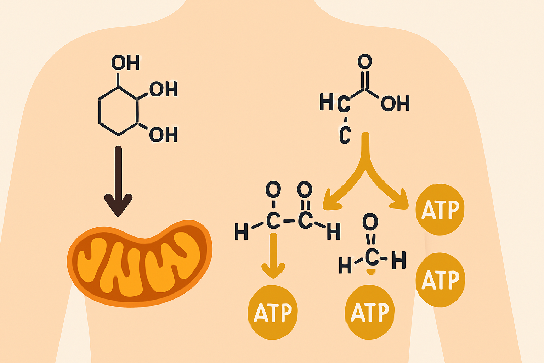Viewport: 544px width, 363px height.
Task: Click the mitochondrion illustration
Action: click(140, 264)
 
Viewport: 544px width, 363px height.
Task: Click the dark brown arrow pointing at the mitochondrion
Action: click(118, 181)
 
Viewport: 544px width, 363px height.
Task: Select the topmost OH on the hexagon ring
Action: click(125, 63)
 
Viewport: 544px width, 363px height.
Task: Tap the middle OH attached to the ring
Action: click(163, 89)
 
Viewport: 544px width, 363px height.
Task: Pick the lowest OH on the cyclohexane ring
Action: click(163, 135)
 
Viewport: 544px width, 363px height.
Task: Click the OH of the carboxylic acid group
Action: click(395, 104)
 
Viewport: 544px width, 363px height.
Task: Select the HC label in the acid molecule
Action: click(335, 103)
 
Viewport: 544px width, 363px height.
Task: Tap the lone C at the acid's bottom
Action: click(345, 135)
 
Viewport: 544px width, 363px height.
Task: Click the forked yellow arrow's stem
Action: click(365, 149)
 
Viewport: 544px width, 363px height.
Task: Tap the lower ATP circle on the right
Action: click(440, 280)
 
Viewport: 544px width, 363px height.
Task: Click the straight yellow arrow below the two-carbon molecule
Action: click(273, 255)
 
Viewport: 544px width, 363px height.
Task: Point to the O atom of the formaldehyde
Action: click(370, 222)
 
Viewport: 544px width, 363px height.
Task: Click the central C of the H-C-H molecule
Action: click(372, 258)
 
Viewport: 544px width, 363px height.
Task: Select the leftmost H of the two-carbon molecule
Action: click(241, 232)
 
